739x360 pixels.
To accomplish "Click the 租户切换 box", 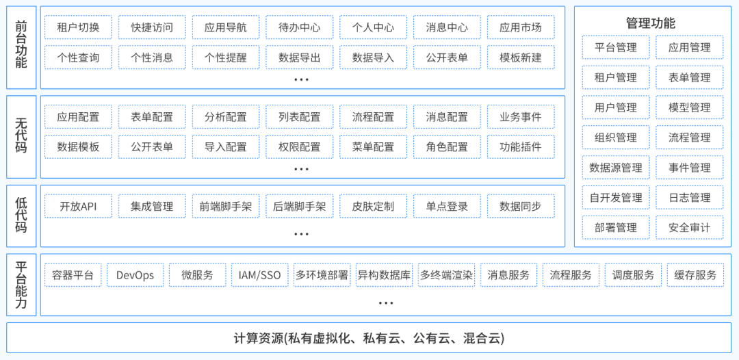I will (78, 28).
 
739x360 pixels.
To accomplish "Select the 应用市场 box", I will (521, 28).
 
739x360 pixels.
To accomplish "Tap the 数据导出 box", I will (300, 57).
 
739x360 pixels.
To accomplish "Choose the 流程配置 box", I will (373, 117).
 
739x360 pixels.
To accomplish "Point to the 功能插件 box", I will (521, 146).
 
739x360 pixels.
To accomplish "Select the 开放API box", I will (78, 207).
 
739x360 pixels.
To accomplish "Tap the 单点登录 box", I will (447, 207).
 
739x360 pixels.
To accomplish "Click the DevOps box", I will (135, 275).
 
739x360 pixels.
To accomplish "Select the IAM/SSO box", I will (259, 275).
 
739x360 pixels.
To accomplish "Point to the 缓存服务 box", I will (695, 275).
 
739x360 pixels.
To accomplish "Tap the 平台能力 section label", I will (21, 284).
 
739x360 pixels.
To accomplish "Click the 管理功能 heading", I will (650, 23).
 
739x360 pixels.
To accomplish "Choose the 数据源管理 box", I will (616, 168).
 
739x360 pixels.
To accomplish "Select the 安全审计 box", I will (690, 227).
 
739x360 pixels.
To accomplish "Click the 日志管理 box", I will (690, 198).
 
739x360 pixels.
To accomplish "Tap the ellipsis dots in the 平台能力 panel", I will (386, 303).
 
